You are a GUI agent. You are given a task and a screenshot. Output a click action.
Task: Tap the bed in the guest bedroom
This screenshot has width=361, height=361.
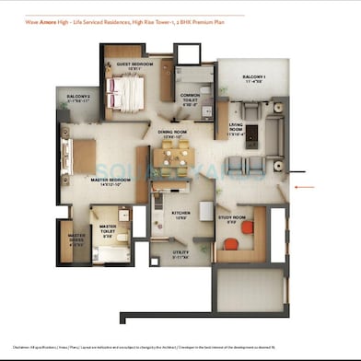tap(126, 92)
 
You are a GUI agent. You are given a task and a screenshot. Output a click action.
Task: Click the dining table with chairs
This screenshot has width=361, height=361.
tap(169, 157)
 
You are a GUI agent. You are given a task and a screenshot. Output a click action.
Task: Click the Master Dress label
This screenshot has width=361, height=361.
tap(76, 240)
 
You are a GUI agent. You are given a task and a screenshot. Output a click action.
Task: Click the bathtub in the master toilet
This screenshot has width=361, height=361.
tap(109, 252)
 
